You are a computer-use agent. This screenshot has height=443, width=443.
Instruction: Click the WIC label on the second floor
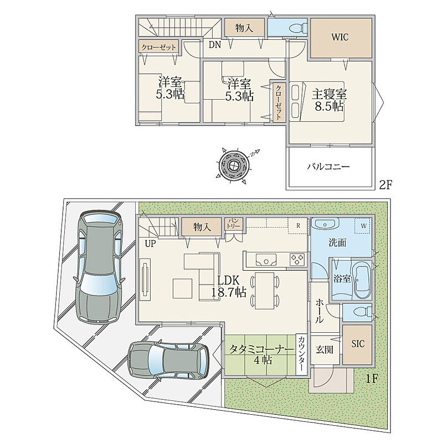339,37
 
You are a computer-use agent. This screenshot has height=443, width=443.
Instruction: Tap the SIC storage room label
358,344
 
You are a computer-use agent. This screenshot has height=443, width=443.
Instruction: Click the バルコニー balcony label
328,167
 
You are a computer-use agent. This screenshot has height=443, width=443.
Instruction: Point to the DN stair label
215,45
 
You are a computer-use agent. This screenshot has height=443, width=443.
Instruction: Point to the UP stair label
150,244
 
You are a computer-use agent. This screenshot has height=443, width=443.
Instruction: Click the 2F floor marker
385,185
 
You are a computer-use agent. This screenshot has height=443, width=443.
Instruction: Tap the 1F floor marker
372,379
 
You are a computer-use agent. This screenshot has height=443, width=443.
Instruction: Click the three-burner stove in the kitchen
297,259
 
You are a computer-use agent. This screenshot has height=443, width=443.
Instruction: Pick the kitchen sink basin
266,260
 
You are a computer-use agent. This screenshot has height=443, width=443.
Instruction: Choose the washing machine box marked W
363,226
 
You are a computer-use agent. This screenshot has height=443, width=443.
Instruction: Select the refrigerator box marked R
297,226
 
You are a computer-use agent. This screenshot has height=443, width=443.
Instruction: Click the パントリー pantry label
233,223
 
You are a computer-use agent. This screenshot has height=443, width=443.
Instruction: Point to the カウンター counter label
301,354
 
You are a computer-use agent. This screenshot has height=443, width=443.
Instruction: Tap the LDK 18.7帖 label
229,286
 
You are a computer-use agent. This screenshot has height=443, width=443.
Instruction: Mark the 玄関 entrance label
324,350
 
